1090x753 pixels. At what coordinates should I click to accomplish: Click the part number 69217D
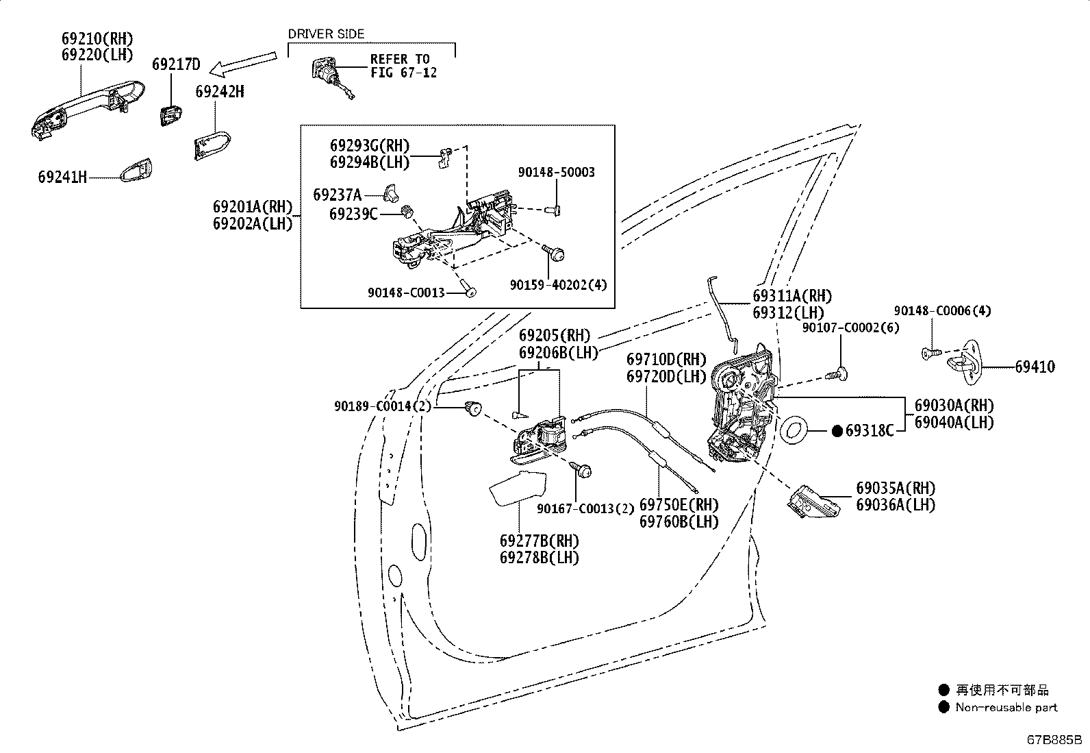click(176, 64)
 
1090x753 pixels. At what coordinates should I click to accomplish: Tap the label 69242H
click(220, 92)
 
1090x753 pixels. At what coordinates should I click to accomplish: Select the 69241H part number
click(62, 177)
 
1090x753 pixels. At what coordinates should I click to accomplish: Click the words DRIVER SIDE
click(326, 34)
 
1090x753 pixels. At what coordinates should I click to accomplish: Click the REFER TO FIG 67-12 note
click(403, 66)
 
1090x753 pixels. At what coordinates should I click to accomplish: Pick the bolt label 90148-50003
click(556, 173)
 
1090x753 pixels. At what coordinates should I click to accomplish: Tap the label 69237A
click(338, 195)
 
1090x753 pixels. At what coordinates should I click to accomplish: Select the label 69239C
click(353, 214)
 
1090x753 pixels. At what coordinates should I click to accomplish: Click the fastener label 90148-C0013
click(406, 293)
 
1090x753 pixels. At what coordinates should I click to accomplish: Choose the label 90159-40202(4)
click(559, 285)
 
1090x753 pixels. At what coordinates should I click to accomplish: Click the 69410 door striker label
click(1035, 367)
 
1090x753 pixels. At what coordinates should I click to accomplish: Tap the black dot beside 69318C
click(837, 431)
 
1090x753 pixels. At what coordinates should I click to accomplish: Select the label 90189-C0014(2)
click(383, 406)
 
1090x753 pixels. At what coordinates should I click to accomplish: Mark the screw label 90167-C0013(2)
click(585, 509)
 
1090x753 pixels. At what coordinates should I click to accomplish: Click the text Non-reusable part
click(1006, 707)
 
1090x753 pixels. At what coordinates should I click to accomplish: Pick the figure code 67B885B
click(1054, 740)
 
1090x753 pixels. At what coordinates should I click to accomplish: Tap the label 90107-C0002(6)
click(850, 328)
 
